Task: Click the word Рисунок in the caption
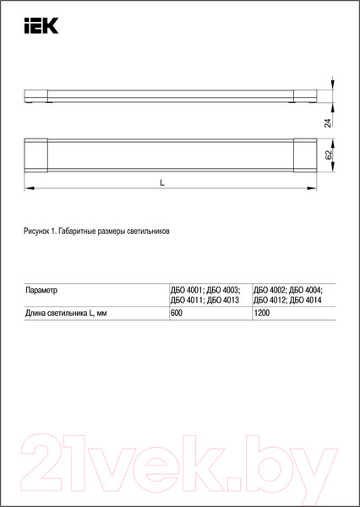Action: pyautogui.click(x=39, y=231)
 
